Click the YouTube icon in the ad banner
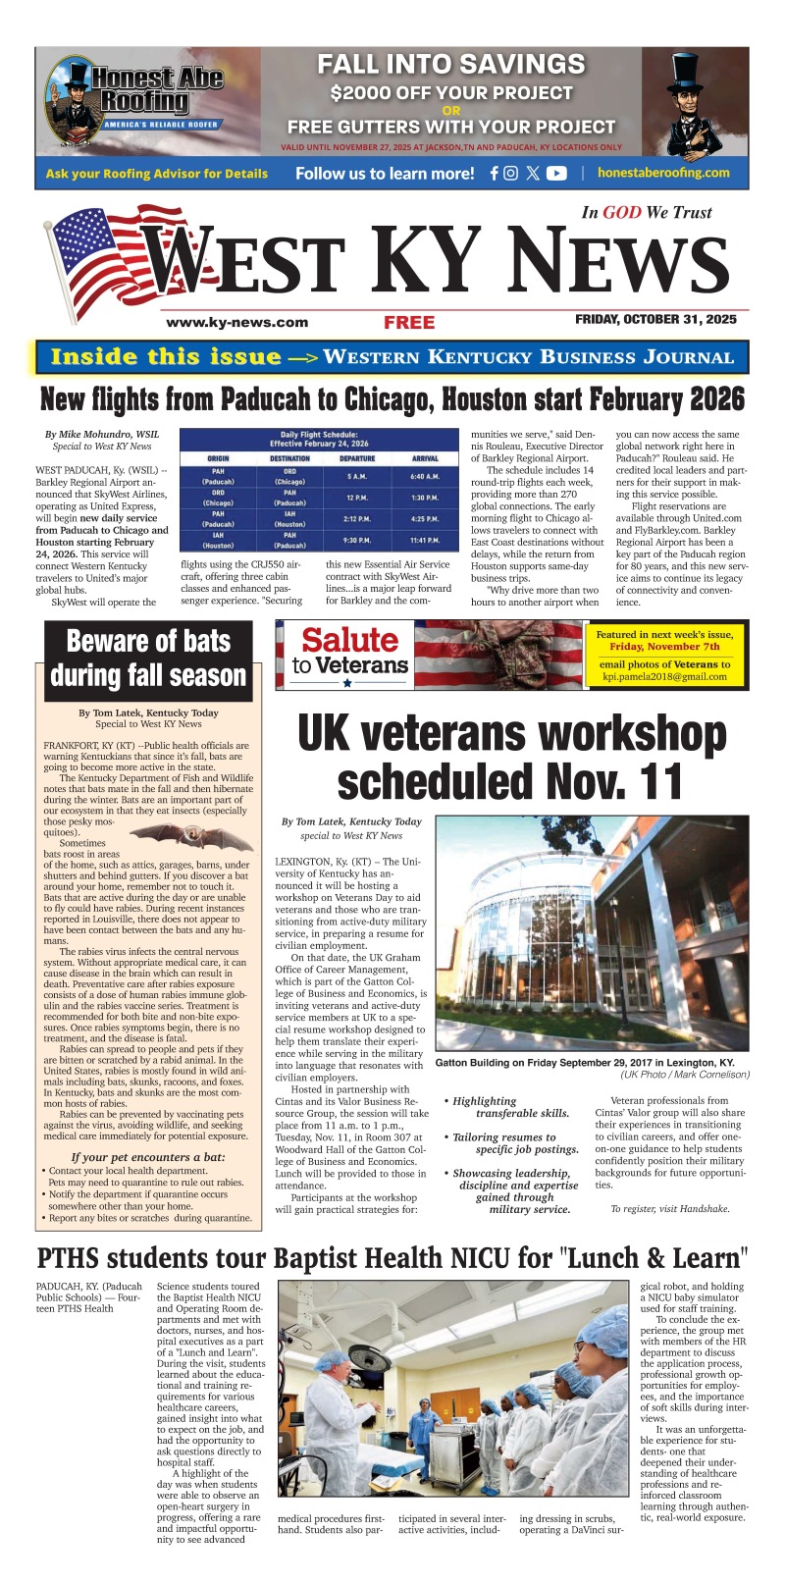[x=556, y=174]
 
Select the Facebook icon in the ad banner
[x=495, y=174]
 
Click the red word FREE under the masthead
[x=409, y=323]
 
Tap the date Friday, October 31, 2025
[x=655, y=320]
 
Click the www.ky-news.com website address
[x=237, y=322]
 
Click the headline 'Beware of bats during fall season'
[x=148, y=659]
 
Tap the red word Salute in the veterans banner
[x=349, y=641]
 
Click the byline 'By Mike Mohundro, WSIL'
[x=101, y=434]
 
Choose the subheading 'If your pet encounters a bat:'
[x=148, y=1157]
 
